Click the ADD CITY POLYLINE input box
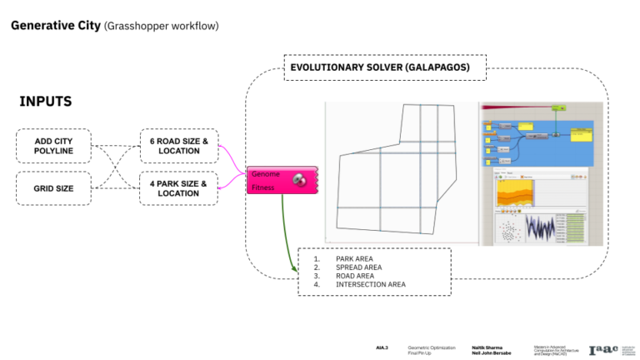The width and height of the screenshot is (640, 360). tap(53, 147)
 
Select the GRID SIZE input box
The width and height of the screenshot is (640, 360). tap(53, 188)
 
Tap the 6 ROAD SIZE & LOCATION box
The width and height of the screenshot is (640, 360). tap(178, 146)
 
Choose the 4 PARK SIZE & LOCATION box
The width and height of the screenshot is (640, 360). tap(178, 188)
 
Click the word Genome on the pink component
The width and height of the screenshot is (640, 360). tap(265, 175)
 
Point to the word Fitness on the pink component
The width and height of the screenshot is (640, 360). tap(264, 188)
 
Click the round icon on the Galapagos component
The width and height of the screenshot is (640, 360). tap(298, 181)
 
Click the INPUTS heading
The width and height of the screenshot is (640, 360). tap(45, 102)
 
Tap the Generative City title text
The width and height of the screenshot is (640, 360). tap(55, 26)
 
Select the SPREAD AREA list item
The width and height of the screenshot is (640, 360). tap(358, 267)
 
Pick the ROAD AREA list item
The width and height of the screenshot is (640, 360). tap(355, 276)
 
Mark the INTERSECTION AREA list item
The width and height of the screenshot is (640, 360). tap(370, 284)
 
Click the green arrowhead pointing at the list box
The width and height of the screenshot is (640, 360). tap(295, 268)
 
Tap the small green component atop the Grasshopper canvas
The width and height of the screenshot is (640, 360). tap(559, 107)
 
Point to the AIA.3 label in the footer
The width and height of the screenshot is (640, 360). tap(382, 347)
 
